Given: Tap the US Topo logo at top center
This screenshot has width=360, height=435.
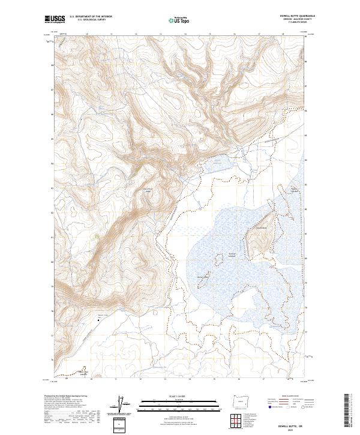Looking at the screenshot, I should (173, 20).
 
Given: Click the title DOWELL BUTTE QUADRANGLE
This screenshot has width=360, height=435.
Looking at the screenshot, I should (298, 16).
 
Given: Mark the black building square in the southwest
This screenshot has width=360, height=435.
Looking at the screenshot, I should (98, 320).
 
